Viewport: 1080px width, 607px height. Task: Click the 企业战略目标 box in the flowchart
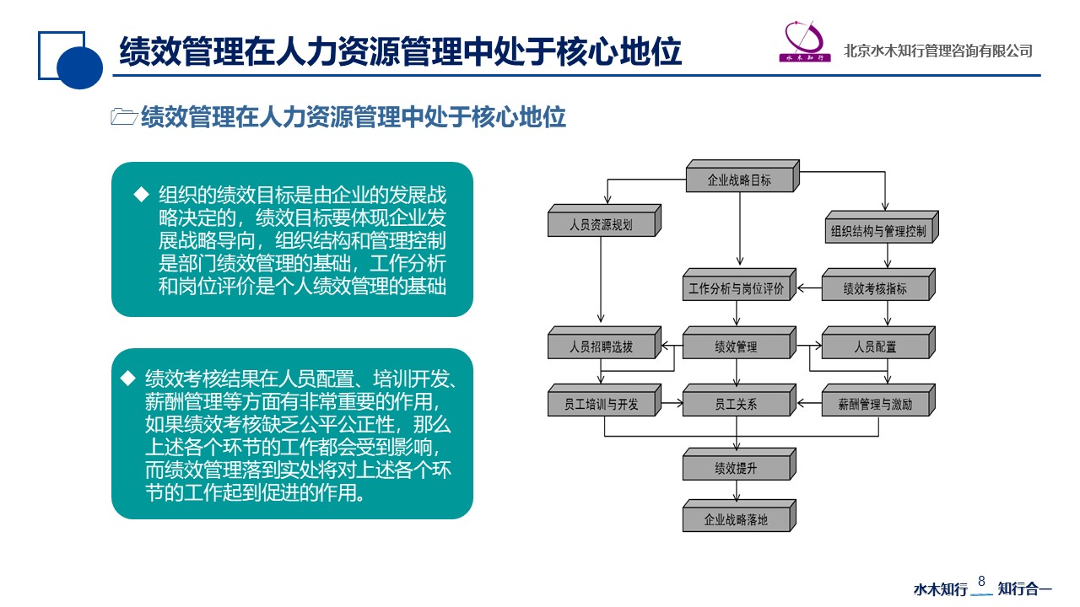[742, 176]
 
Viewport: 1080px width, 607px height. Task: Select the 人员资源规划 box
[604, 221]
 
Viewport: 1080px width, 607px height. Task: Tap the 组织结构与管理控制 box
[882, 228]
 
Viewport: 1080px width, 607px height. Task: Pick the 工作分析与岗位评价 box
[739, 285]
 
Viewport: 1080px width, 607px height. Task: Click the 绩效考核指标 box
[878, 285]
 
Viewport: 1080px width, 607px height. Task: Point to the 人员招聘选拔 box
[604, 342]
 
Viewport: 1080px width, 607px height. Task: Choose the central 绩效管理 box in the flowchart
[739, 342]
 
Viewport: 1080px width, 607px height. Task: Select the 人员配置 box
[878, 342]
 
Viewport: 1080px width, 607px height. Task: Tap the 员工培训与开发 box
[604, 400]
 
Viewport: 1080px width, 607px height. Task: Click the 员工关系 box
[739, 400]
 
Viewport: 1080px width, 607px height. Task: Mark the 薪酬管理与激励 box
[878, 400]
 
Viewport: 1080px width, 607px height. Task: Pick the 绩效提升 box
[739, 464]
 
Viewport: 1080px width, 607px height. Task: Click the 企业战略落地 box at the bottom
[739, 515]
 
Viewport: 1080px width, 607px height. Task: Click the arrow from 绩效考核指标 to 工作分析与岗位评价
[809, 288]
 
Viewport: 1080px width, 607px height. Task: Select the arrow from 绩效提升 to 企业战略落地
[737, 491]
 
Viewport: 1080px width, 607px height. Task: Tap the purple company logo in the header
[805, 41]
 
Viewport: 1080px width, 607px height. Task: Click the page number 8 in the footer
[981, 581]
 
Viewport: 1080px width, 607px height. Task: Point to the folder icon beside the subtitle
[124, 116]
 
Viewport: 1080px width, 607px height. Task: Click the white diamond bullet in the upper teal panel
[141, 195]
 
